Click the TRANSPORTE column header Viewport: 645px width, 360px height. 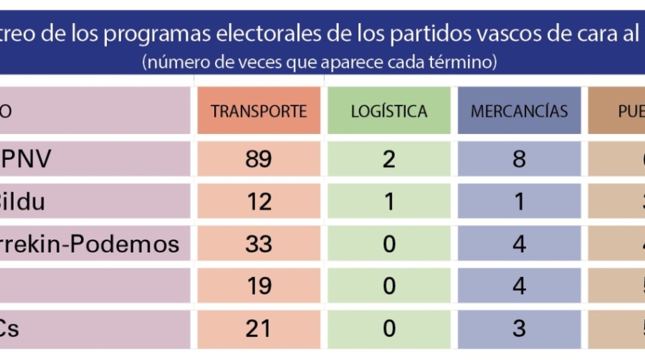pyautogui.click(x=259, y=111)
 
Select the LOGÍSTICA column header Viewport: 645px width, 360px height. pyautogui.click(x=389, y=111)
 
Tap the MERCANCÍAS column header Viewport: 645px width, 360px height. pyautogui.click(x=519, y=111)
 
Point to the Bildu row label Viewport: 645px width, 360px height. pyautogui.click(x=21, y=202)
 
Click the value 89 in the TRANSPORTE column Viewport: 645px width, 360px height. pyautogui.click(x=259, y=158)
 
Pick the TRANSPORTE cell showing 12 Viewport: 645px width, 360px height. pyautogui.click(x=259, y=202)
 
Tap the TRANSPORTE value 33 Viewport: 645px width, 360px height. pyautogui.click(x=259, y=244)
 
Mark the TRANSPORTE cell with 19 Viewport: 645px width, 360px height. pyautogui.click(x=259, y=286)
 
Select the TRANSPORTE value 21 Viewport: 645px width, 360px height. pyautogui.click(x=259, y=328)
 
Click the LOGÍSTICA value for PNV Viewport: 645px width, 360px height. pyautogui.click(x=389, y=158)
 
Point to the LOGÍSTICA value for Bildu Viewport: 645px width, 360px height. pyautogui.click(x=389, y=202)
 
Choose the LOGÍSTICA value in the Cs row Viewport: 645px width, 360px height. pyautogui.click(x=389, y=328)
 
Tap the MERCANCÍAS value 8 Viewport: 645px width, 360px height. pyautogui.click(x=519, y=158)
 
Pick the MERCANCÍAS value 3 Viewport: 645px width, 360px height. pyautogui.click(x=519, y=328)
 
